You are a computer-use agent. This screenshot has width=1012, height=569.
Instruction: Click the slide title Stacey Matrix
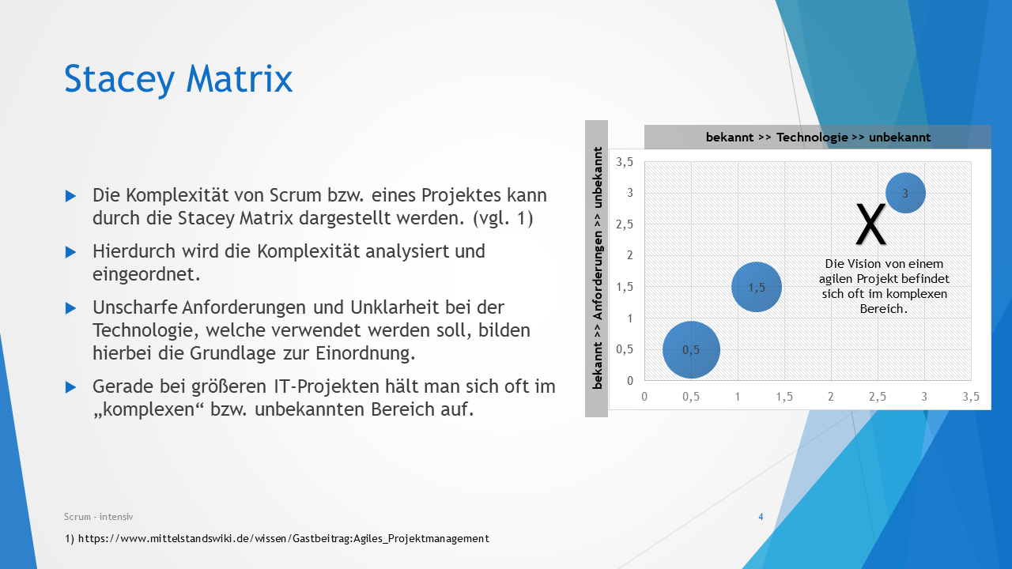click(x=178, y=79)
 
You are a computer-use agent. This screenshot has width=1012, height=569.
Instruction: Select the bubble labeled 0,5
click(x=691, y=349)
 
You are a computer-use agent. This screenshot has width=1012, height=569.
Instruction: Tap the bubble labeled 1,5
click(x=757, y=287)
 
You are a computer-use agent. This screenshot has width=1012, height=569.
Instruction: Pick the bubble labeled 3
click(x=905, y=193)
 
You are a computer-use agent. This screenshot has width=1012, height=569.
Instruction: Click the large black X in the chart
click(x=870, y=224)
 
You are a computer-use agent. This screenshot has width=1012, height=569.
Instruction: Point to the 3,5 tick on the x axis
click(x=971, y=397)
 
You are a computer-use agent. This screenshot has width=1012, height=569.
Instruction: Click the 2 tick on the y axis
click(x=630, y=255)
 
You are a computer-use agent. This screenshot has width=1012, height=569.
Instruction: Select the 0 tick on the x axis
click(x=644, y=397)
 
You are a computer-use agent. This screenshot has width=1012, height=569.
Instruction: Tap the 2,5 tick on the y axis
click(x=625, y=224)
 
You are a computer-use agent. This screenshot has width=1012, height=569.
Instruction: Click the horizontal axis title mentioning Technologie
click(x=818, y=137)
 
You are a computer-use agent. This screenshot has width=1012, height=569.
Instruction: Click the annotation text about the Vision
click(x=884, y=286)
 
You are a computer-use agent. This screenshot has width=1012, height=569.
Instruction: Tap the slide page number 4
click(x=761, y=517)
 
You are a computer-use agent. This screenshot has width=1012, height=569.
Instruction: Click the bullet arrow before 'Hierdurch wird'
click(x=71, y=251)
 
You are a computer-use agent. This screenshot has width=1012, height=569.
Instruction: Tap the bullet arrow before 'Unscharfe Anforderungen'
click(x=71, y=307)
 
